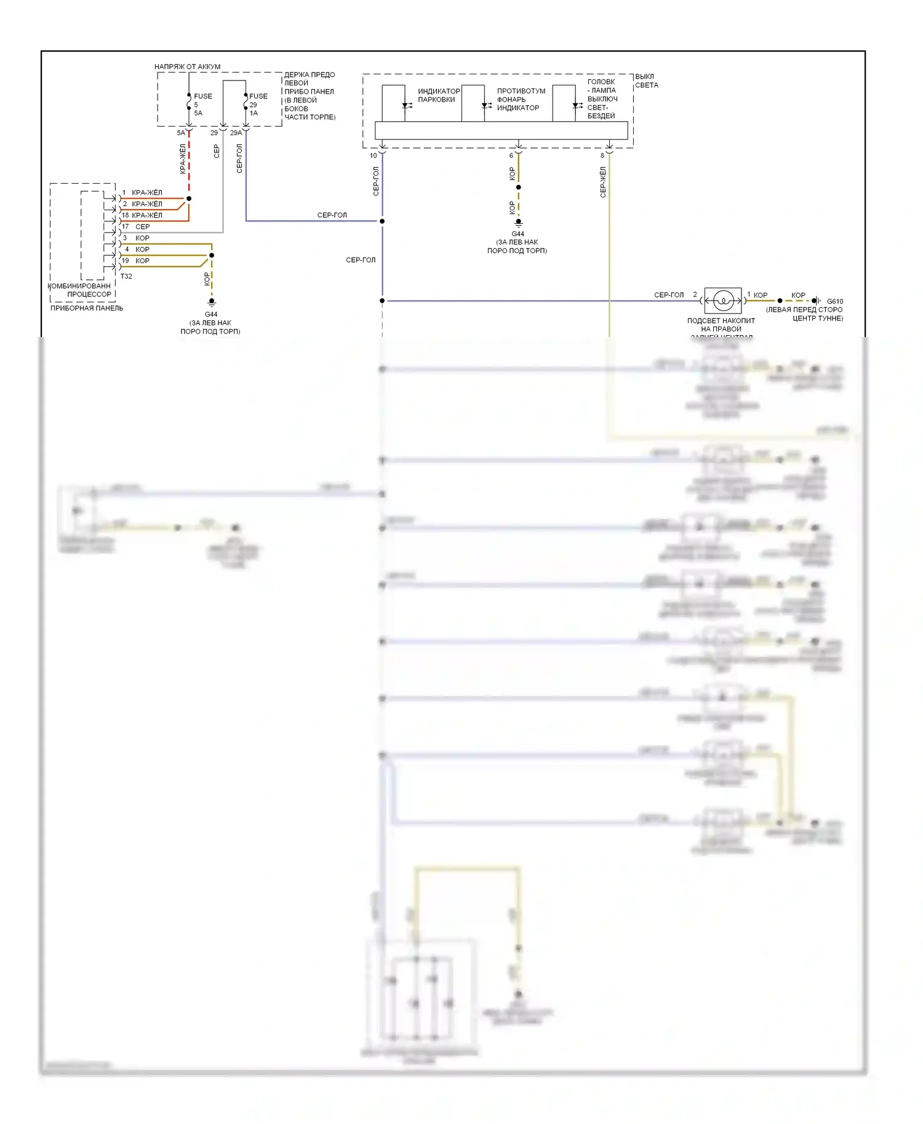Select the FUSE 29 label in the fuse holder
(x=258, y=97)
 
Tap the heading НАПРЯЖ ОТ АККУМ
(x=187, y=66)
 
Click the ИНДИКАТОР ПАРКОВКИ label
(x=439, y=95)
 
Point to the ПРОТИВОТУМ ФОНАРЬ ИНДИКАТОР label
(x=521, y=99)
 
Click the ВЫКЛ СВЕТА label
(x=646, y=81)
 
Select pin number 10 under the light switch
(x=373, y=156)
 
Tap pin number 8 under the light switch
(x=602, y=156)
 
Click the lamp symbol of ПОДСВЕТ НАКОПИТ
(x=723, y=301)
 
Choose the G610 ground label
(x=834, y=301)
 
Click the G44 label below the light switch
(x=518, y=234)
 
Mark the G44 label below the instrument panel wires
(x=211, y=314)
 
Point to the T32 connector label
(x=126, y=276)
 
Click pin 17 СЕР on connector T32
(x=136, y=227)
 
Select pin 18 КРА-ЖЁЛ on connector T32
(x=142, y=215)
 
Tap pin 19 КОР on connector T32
(x=136, y=261)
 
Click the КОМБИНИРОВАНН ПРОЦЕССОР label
(x=81, y=290)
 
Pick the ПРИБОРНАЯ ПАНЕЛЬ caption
(x=87, y=308)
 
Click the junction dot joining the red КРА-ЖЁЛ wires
(x=189, y=199)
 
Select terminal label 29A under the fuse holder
(x=236, y=133)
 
